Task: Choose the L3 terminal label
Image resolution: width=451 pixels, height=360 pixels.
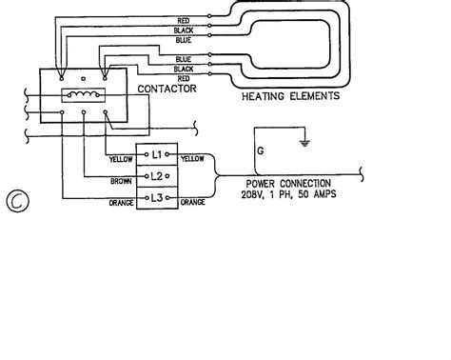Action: click(158, 197)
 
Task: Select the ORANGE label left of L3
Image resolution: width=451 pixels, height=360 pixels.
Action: click(120, 201)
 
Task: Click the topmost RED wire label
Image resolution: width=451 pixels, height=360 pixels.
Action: click(185, 19)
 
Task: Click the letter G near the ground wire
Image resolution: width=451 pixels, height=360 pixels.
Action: click(258, 150)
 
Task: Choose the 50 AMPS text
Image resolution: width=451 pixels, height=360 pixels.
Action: click(314, 193)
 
